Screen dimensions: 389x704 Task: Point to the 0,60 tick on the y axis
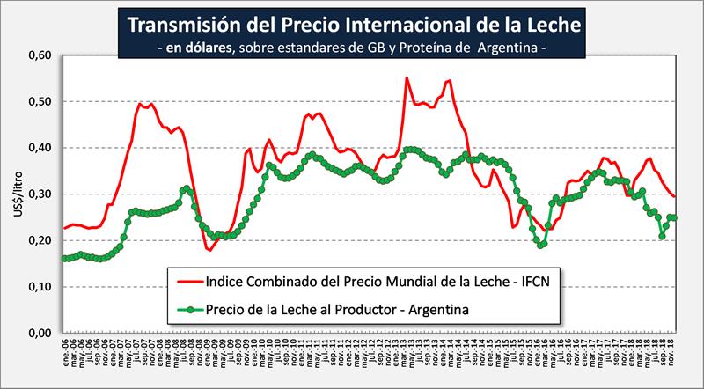tap(41, 55)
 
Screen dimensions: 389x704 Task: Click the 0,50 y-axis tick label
tap(41, 102)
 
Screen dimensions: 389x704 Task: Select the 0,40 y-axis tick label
tap(41, 148)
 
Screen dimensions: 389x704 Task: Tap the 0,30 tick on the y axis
tap(41, 194)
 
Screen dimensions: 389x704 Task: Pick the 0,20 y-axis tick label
tap(41, 240)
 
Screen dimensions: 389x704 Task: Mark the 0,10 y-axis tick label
tap(41, 287)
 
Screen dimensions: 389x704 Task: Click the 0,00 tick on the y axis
tap(41, 334)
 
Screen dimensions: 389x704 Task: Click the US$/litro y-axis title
tap(14, 194)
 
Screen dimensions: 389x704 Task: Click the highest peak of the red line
tap(407, 77)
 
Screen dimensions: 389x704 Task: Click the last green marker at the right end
tap(674, 217)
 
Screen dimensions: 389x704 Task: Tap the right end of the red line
tap(675, 196)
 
